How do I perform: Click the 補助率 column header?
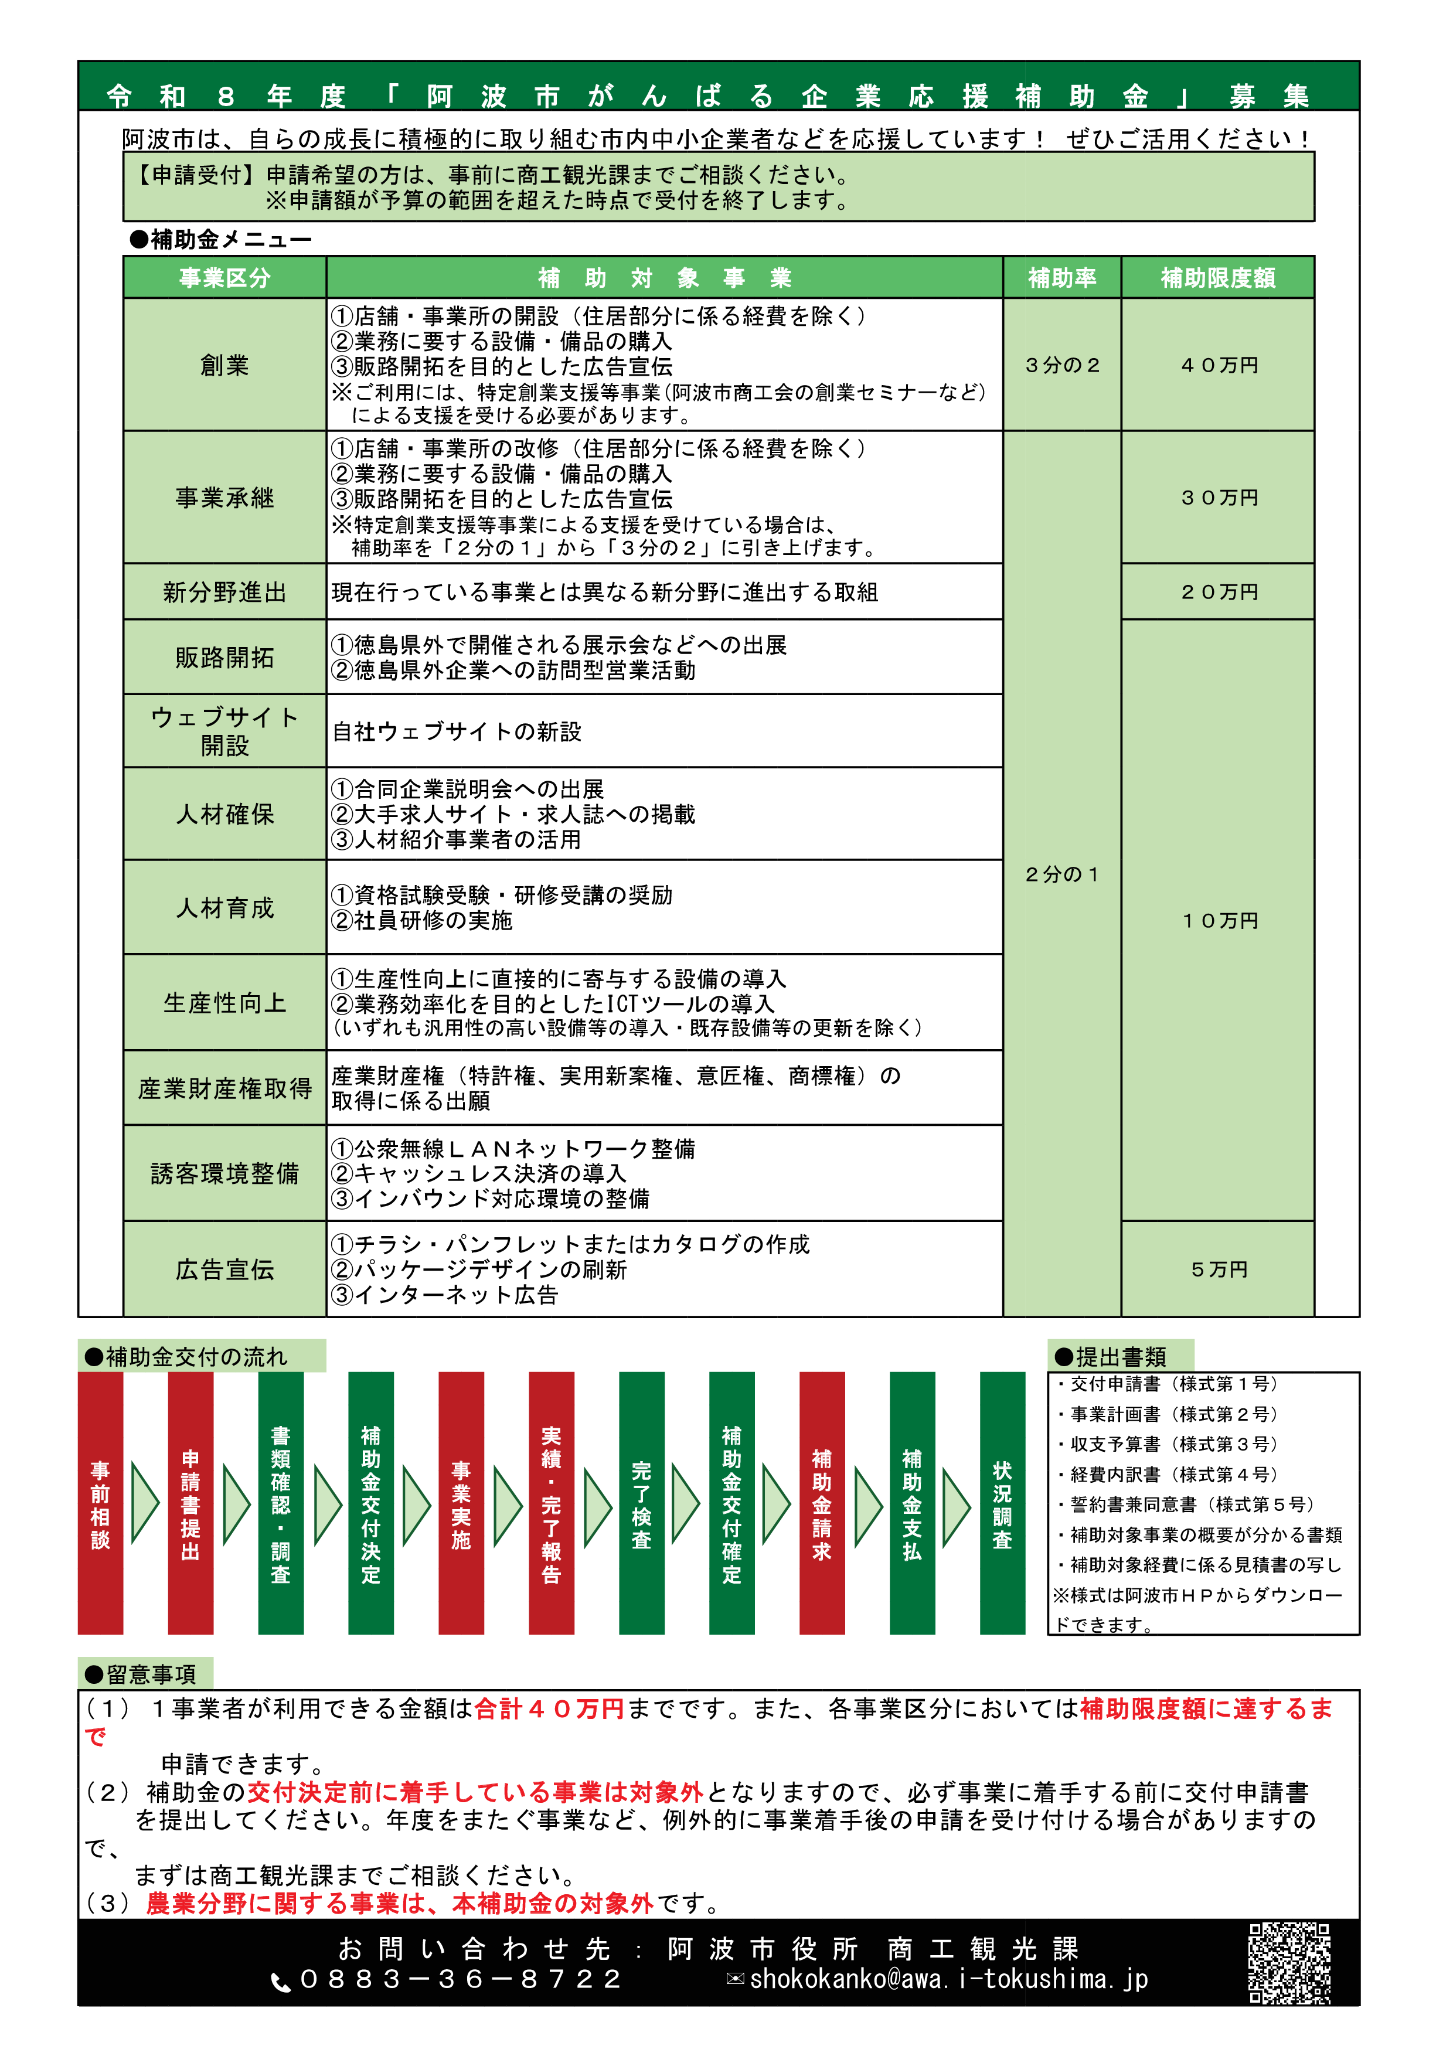[1062, 278]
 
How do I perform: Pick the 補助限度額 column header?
[1217, 278]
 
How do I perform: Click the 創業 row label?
[224, 365]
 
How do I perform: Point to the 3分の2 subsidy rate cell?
[1062, 365]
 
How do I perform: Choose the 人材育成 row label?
[224, 908]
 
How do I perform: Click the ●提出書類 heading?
[1120, 1357]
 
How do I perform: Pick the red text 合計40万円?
[549, 1708]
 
